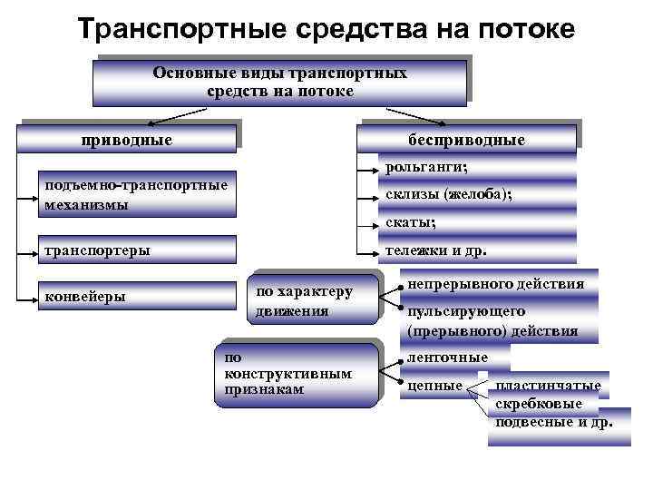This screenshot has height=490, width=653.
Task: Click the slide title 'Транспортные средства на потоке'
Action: (x=326, y=29)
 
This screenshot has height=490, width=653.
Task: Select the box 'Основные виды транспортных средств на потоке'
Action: (x=279, y=82)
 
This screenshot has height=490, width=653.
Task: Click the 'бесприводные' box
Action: (x=466, y=140)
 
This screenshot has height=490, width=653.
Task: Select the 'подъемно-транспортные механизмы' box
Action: (x=135, y=194)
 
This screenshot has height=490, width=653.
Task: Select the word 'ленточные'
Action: (x=448, y=358)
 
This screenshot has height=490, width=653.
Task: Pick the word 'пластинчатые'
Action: (x=548, y=387)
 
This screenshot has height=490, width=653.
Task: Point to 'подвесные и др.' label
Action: (x=553, y=422)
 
